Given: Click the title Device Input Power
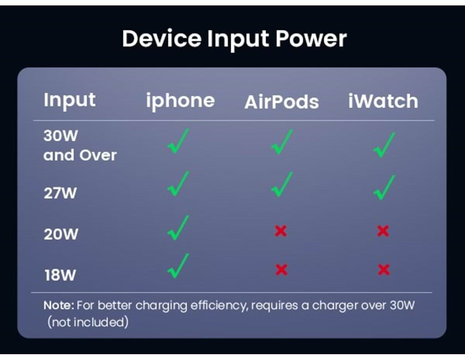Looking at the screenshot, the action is [234, 40].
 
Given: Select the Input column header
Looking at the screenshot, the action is [69, 100].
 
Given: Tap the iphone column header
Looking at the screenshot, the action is [181, 101].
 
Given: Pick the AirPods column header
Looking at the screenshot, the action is [282, 102].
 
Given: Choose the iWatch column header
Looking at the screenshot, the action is [383, 101].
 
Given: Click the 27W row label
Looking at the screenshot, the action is [60, 193].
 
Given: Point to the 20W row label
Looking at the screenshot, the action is [61, 234].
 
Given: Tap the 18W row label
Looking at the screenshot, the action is [60, 275].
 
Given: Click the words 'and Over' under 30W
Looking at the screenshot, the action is [80, 155].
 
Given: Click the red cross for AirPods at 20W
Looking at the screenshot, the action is [281, 231].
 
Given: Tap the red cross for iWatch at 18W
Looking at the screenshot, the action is [384, 270].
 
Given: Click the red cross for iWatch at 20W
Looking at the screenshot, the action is [383, 231].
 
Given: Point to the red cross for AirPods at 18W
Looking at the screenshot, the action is [282, 270].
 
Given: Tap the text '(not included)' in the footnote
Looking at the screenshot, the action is [88, 322].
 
